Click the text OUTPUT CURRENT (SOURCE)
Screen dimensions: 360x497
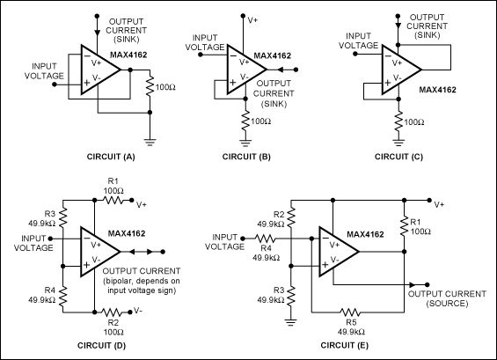pyautogui.click(x=449, y=290)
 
